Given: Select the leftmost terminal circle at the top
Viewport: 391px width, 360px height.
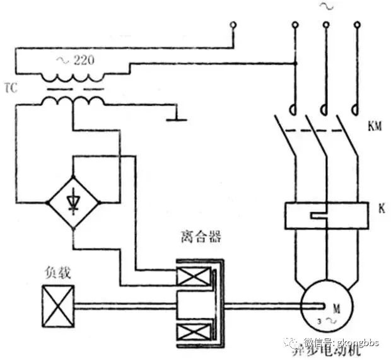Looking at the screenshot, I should pyautogui.click(x=233, y=25).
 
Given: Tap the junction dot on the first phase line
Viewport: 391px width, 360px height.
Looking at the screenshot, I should pyautogui.click(x=295, y=63).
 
